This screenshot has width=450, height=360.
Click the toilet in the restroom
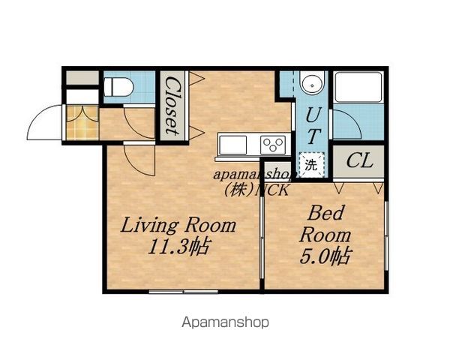point(118,87)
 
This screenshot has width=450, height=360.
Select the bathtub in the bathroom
point(358,87)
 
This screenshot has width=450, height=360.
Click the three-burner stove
point(273,145)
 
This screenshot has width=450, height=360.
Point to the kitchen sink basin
point(232,145)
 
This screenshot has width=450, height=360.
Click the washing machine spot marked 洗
point(311,165)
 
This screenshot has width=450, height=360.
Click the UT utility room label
point(313,124)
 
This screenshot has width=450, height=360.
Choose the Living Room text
point(178,225)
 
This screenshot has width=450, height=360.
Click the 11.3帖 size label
point(179,247)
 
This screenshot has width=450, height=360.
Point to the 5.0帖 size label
point(325,256)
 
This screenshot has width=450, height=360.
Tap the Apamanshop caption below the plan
point(226,322)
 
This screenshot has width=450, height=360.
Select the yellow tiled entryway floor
point(82,123)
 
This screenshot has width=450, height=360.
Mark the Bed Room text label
point(325,224)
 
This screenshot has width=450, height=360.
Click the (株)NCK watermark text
point(256,190)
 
